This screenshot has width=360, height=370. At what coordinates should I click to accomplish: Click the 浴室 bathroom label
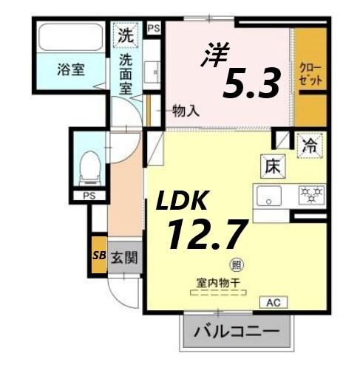[70, 71]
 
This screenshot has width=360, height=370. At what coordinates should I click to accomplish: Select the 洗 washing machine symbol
[126, 34]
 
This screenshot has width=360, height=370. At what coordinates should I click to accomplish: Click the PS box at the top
[154, 28]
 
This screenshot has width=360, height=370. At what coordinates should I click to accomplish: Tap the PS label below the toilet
[89, 196]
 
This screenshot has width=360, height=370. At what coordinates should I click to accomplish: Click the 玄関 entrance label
[124, 258]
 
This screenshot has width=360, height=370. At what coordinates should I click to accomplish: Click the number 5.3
[252, 84]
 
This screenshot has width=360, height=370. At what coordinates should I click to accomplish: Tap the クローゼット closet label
[309, 74]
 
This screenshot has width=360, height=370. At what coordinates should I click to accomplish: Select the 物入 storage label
[186, 112]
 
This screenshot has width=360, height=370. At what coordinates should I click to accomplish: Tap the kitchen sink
[269, 196]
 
